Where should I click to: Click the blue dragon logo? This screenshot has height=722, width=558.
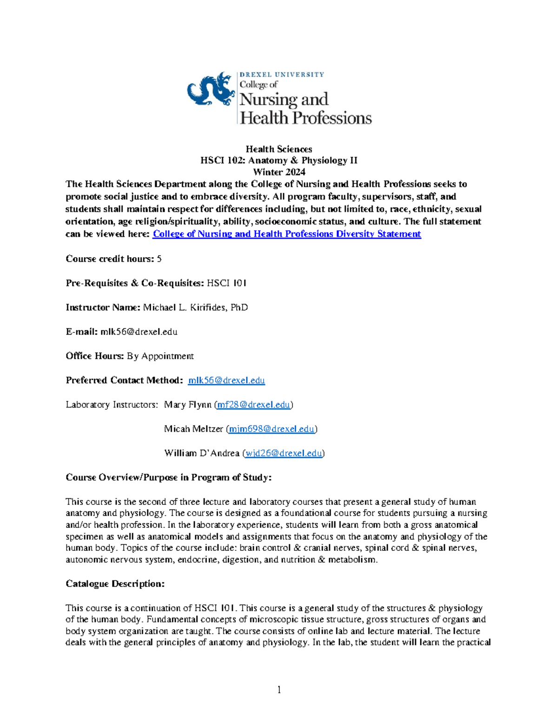[x=211, y=89]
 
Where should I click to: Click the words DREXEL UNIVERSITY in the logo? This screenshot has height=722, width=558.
[x=282, y=74]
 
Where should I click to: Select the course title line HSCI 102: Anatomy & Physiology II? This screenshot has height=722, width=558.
[x=279, y=160]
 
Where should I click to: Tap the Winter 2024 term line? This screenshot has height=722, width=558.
[x=279, y=172]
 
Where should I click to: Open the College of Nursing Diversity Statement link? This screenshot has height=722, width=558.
[x=287, y=234]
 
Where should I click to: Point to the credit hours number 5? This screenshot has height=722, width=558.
[x=159, y=259]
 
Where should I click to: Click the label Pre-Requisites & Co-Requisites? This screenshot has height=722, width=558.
[x=134, y=283]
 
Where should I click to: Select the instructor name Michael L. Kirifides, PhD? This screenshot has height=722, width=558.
[x=195, y=307]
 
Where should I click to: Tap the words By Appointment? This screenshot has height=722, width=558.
[x=160, y=356]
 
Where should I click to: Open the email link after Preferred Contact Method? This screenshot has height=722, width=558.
[x=226, y=380]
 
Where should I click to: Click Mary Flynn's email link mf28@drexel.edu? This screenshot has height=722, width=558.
[x=253, y=404]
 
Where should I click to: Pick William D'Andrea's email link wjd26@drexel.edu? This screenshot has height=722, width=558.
[x=284, y=453]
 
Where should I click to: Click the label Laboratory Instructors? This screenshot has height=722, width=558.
[x=112, y=404]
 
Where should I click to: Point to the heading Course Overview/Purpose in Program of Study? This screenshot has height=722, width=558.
[x=168, y=477]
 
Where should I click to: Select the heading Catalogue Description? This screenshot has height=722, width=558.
[x=115, y=583]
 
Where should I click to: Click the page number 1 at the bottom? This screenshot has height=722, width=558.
[x=279, y=689]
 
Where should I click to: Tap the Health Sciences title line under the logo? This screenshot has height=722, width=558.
[x=279, y=149]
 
